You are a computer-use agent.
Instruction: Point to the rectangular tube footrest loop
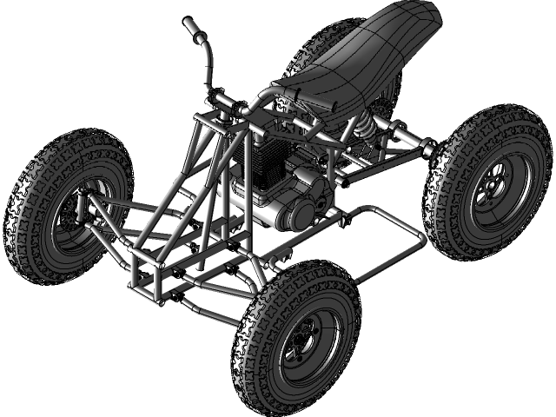tap(382, 243)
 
